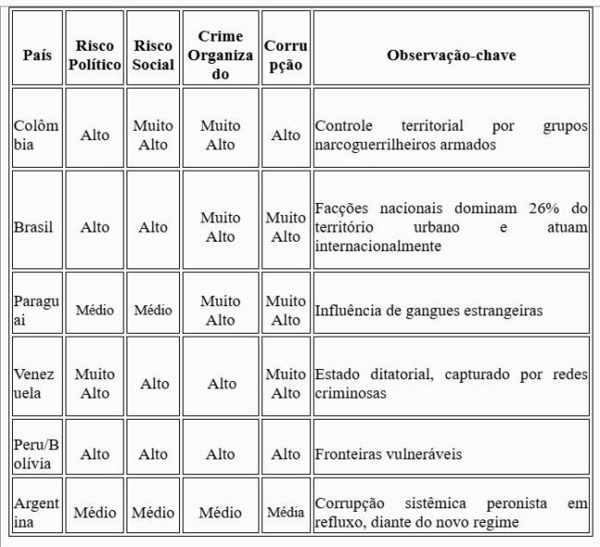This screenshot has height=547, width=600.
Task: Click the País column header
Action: tap(37, 55)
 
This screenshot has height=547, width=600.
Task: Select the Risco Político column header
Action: tap(94, 55)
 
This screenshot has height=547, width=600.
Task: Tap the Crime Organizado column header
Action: tap(221, 55)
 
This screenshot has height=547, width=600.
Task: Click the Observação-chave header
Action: tap(450, 55)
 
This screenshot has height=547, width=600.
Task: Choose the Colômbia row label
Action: tap(37, 135)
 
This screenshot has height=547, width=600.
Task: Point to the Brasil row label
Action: tap(35, 227)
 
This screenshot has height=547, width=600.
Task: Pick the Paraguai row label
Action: tap(37, 310)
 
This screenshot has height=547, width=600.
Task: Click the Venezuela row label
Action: tap(37, 384)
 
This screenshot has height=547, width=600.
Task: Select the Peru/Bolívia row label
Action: tap(37, 454)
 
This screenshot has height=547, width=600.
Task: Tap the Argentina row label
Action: tap(37, 512)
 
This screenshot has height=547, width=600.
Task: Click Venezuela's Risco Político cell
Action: tap(94, 384)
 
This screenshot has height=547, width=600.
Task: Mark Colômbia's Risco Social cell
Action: tap(153, 135)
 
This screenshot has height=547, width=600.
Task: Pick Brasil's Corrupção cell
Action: tap(285, 227)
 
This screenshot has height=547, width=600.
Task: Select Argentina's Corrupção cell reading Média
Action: tap(285, 513)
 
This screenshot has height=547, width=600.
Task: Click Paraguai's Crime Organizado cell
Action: tap(221, 310)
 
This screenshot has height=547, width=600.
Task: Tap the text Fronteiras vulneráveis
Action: tap(389, 455)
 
